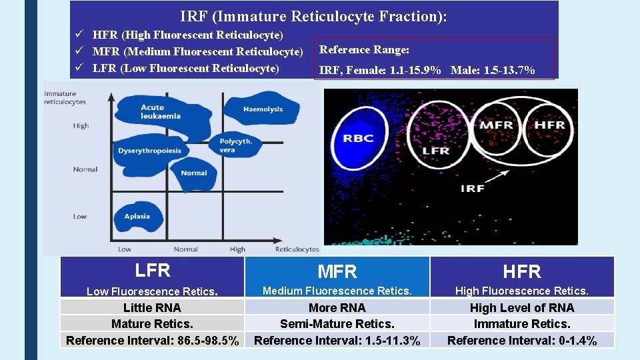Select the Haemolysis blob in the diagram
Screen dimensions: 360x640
[x=261, y=109]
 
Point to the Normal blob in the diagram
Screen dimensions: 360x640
[x=195, y=173]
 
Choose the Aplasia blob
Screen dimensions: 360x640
[x=137, y=217]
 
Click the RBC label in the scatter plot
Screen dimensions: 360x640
[x=358, y=139]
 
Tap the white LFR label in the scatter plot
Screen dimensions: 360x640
[x=436, y=151]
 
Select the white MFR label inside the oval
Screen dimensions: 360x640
[x=496, y=125]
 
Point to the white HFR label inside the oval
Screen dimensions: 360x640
[x=550, y=125]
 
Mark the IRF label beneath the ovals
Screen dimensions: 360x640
[x=472, y=189]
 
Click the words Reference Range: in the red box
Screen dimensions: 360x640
[x=365, y=50]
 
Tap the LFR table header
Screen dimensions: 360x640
[x=153, y=271]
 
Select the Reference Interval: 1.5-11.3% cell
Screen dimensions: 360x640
[x=337, y=341]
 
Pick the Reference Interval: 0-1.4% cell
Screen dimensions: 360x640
[x=522, y=341]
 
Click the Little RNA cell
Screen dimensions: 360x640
[x=153, y=307]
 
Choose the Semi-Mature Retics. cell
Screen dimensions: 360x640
[x=337, y=324]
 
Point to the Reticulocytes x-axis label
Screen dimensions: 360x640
[x=297, y=249]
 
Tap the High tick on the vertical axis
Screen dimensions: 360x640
[x=81, y=126]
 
